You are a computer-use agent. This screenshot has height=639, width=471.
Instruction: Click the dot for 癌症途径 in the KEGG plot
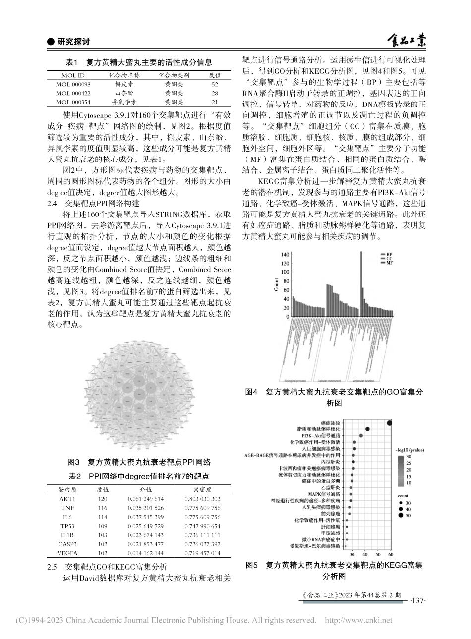(390, 422)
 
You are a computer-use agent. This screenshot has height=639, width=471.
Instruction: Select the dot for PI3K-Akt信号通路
(361, 435)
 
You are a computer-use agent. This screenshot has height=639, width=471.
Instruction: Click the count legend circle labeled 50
(400, 516)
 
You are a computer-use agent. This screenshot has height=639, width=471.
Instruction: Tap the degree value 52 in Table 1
(215, 84)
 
